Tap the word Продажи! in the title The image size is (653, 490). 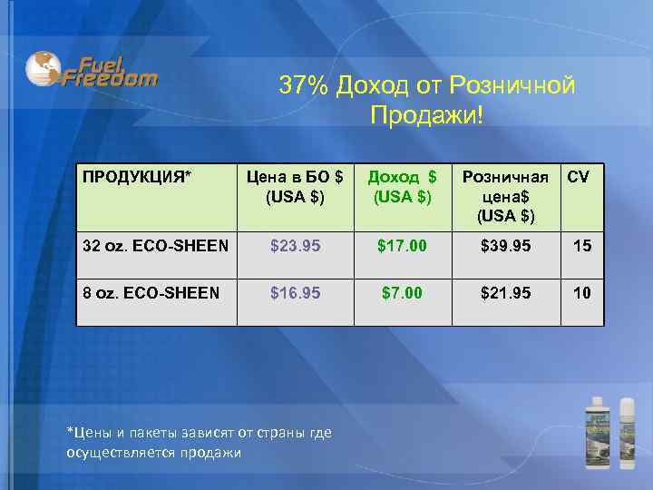(426, 116)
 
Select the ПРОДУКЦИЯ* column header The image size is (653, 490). (136, 176)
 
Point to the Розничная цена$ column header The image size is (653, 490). (505, 196)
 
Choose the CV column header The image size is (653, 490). (578, 176)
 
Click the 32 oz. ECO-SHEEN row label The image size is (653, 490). (154, 245)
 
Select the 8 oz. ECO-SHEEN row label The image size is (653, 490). (151, 292)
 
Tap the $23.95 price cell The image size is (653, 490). (294, 245)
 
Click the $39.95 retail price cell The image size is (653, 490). (505, 245)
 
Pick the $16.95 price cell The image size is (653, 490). (294, 292)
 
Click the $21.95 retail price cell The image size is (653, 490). (505, 292)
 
